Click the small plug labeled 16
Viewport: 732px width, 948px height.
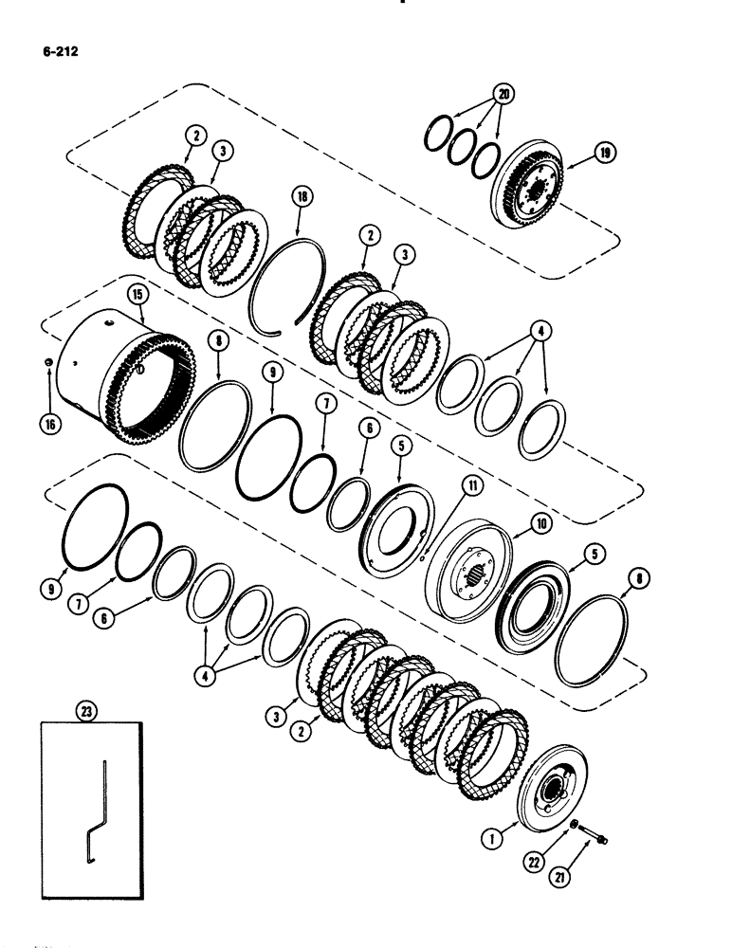(x=47, y=361)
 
